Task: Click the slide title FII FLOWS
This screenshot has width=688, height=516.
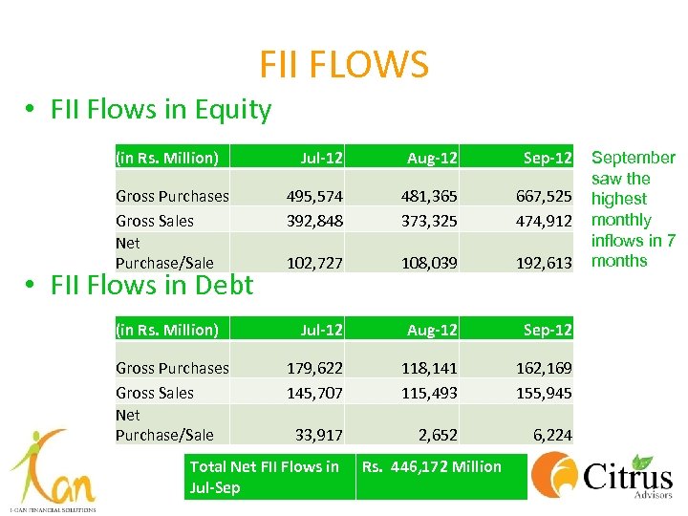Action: (x=344, y=64)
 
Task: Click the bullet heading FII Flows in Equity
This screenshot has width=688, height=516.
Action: (x=149, y=109)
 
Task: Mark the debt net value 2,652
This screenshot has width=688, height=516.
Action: (x=437, y=435)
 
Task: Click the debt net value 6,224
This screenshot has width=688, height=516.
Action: (x=552, y=435)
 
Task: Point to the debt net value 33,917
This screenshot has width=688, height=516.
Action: (x=319, y=435)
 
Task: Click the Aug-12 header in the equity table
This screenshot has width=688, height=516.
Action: (x=432, y=157)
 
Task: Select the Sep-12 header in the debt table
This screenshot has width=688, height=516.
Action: (x=547, y=330)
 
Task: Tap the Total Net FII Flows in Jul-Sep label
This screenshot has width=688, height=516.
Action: (x=265, y=477)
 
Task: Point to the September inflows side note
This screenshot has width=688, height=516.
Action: (x=634, y=209)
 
